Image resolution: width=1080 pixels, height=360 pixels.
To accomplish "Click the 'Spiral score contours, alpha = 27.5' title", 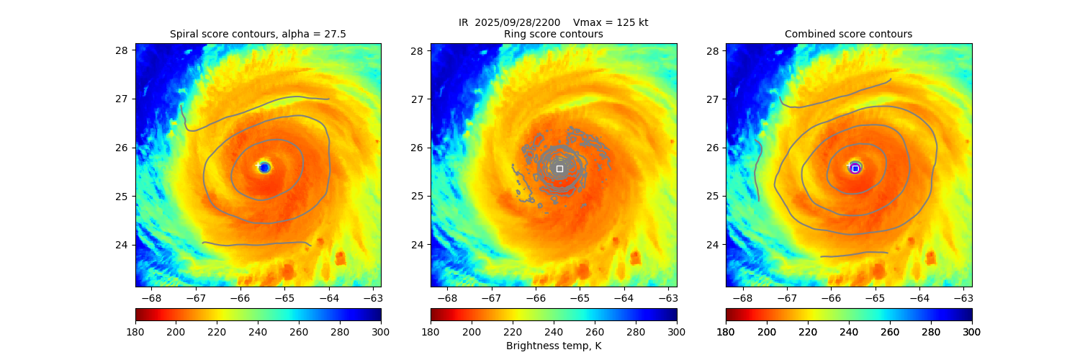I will coord(258,34).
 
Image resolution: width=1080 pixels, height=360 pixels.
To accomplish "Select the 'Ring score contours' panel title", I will coord(553,34).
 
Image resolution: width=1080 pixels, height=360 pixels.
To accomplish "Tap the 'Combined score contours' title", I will coord(848,34).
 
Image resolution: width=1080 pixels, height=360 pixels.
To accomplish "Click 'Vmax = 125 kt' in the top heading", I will coord(611,22).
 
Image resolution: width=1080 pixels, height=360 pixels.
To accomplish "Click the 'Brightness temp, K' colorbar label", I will coord(553,346).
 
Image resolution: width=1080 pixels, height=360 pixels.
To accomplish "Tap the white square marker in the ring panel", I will coord(559,168).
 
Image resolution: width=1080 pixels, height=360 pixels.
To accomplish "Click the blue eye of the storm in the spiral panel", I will coord(264,168).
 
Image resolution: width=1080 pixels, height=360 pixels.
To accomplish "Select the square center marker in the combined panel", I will coord(855,168).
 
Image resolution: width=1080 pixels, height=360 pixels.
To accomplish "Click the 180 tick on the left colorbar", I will coord(135,331).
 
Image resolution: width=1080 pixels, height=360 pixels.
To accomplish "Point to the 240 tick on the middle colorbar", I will coord(554,331).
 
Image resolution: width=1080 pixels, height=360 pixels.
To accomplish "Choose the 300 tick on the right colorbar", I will coord(972,331).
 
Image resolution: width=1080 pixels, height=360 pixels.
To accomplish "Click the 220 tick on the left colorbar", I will coord(217,331).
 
